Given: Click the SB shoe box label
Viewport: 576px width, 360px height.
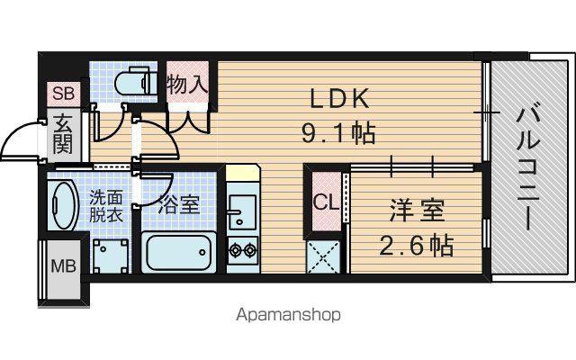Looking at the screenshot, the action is pos(64,94).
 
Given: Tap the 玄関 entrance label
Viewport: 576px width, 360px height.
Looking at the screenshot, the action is pos(63,135).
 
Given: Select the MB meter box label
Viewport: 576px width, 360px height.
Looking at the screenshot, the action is pos(63,265).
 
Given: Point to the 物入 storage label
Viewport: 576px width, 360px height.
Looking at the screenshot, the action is pos(187,84).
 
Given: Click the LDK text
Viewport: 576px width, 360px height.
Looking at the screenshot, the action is pos(339,98).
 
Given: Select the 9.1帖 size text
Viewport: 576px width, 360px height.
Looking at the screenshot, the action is pos(338,132).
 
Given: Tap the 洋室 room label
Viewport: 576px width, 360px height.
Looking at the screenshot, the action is pos(417,210).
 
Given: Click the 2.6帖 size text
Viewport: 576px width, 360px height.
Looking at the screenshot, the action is pos(416,246).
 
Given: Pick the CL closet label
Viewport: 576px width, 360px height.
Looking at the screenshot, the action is pos(326,202).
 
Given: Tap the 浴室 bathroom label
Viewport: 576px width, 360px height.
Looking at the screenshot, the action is pos(179,204).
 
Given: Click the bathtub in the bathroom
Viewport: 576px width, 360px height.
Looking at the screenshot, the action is pos(178,252).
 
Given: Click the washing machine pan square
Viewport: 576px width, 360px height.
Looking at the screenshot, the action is pos(111,256).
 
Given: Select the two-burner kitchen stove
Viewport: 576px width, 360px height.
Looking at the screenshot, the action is pos(243,250).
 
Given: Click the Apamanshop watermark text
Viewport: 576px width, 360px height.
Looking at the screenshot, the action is pos(288,315).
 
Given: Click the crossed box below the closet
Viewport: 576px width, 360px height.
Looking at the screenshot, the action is pos(322,256).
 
